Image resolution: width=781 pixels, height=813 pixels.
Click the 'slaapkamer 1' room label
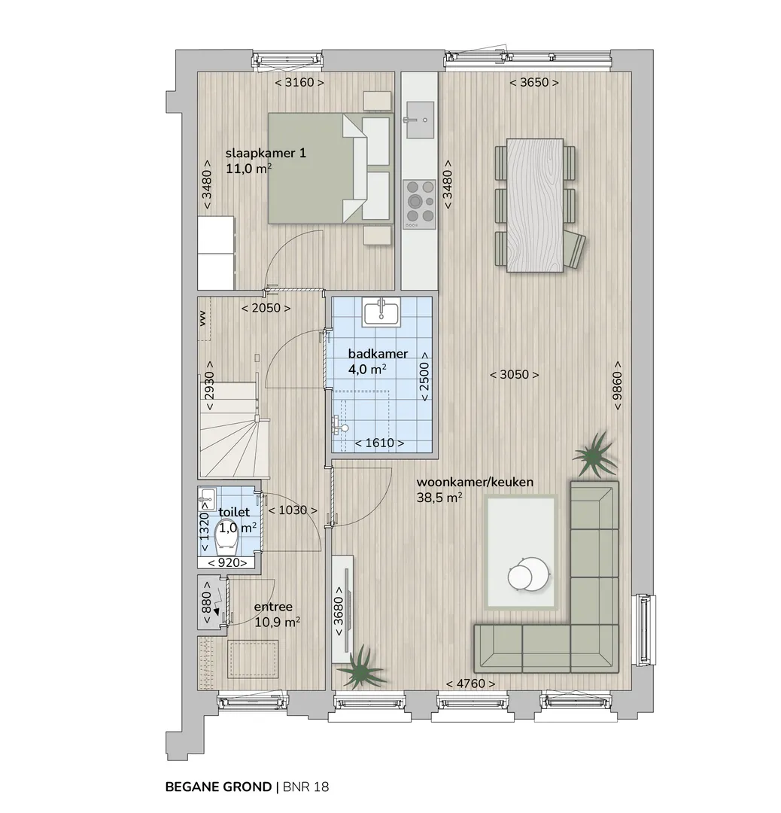coord(266,154)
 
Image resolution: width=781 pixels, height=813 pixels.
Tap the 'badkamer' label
coord(378,354)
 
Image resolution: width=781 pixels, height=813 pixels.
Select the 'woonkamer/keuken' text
coord(475,483)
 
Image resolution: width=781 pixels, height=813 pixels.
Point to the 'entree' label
coord(273,607)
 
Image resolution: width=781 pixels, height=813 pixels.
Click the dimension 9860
coord(617,385)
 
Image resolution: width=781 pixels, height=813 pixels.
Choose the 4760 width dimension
coord(470,684)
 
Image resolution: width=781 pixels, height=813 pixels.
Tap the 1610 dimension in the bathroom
coord(379,443)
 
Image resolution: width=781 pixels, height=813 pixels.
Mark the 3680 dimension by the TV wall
coord(339,611)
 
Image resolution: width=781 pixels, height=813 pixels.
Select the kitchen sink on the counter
coord(421,120)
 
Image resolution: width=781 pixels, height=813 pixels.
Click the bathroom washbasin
coord(381,312)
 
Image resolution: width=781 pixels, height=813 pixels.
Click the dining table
coord(535,206)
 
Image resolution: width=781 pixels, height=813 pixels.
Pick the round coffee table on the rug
coord(527,574)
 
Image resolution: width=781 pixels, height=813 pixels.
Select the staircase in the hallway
coord(234,430)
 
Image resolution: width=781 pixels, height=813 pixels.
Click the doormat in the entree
coord(254,659)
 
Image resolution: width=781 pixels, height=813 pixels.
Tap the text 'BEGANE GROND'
coord(218,787)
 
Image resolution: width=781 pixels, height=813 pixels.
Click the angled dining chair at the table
coord(574,249)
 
